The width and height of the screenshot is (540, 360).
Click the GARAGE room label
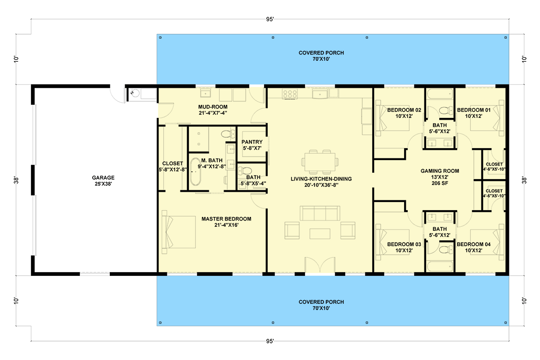[103, 178]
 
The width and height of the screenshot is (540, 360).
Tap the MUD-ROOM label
[213, 107]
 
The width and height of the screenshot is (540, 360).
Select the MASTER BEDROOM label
[226, 219]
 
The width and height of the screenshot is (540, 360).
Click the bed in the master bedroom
[179, 232]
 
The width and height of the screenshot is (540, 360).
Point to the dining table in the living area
[320, 162]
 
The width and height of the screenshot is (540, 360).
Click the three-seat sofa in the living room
[320, 213]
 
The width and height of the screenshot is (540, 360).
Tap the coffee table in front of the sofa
[320, 234]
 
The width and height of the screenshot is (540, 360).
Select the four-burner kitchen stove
[290, 94]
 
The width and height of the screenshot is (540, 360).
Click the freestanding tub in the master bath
[195, 172]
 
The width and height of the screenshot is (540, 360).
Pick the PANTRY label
[252, 142]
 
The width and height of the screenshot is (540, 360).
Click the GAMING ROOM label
[440, 171]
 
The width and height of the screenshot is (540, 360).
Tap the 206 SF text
[440, 183]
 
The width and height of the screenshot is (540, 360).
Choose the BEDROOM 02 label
[404, 110]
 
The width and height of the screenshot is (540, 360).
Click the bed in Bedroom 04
[487, 242]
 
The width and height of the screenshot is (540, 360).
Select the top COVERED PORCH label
[321, 53]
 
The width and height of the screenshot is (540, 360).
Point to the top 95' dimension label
[270, 19]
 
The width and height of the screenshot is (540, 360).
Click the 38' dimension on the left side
[16, 180]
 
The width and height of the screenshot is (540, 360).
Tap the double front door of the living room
[320, 265]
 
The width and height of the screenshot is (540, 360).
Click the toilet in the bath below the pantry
[245, 171]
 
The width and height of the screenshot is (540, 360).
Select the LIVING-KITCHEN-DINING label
[321, 179]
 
